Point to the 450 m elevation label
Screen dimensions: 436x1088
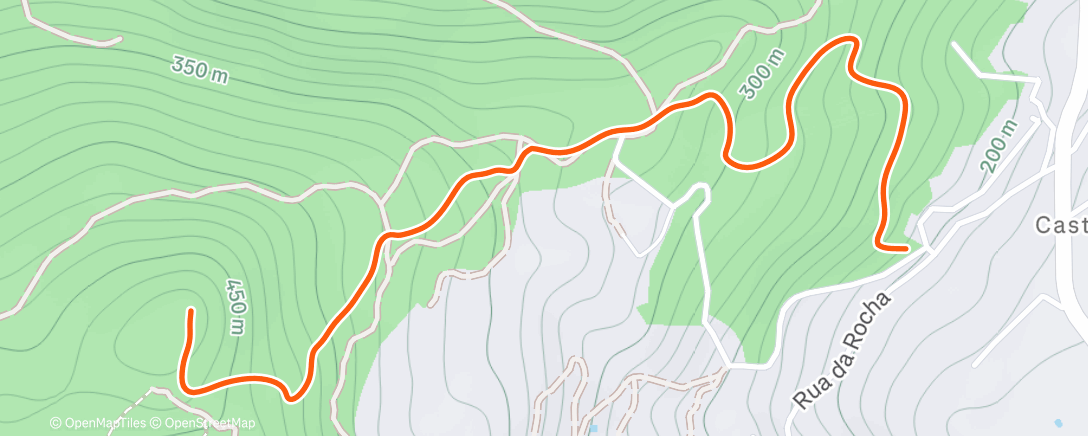click(235, 306)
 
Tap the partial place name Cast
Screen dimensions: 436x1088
click(1060, 226)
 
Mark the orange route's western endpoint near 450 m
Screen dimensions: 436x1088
click(189, 313)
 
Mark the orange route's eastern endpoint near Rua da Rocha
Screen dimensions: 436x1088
click(905, 245)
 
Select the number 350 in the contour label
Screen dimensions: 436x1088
click(187, 68)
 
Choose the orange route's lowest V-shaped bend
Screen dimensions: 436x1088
click(291, 397)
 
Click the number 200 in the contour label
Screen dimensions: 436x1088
click(992, 153)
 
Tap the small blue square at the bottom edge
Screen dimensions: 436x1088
click(594, 428)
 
